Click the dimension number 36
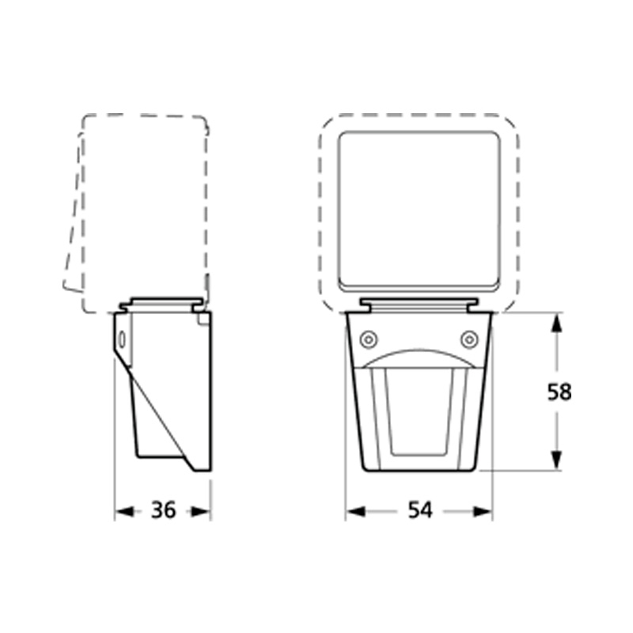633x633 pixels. click(163, 511)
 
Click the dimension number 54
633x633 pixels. click(420, 511)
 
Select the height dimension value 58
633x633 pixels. click(559, 392)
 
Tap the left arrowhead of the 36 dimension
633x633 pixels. click(123, 512)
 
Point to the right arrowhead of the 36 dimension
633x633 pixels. click(203, 512)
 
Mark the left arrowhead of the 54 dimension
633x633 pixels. click(354, 512)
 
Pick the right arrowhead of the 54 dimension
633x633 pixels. click(484, 512)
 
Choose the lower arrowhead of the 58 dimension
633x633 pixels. click(557, 461)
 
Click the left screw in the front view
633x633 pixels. click(367, 339)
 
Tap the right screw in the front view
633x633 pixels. click(470, 339)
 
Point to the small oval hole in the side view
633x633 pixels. click(121, 339)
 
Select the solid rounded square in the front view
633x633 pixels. click(419, 210)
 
